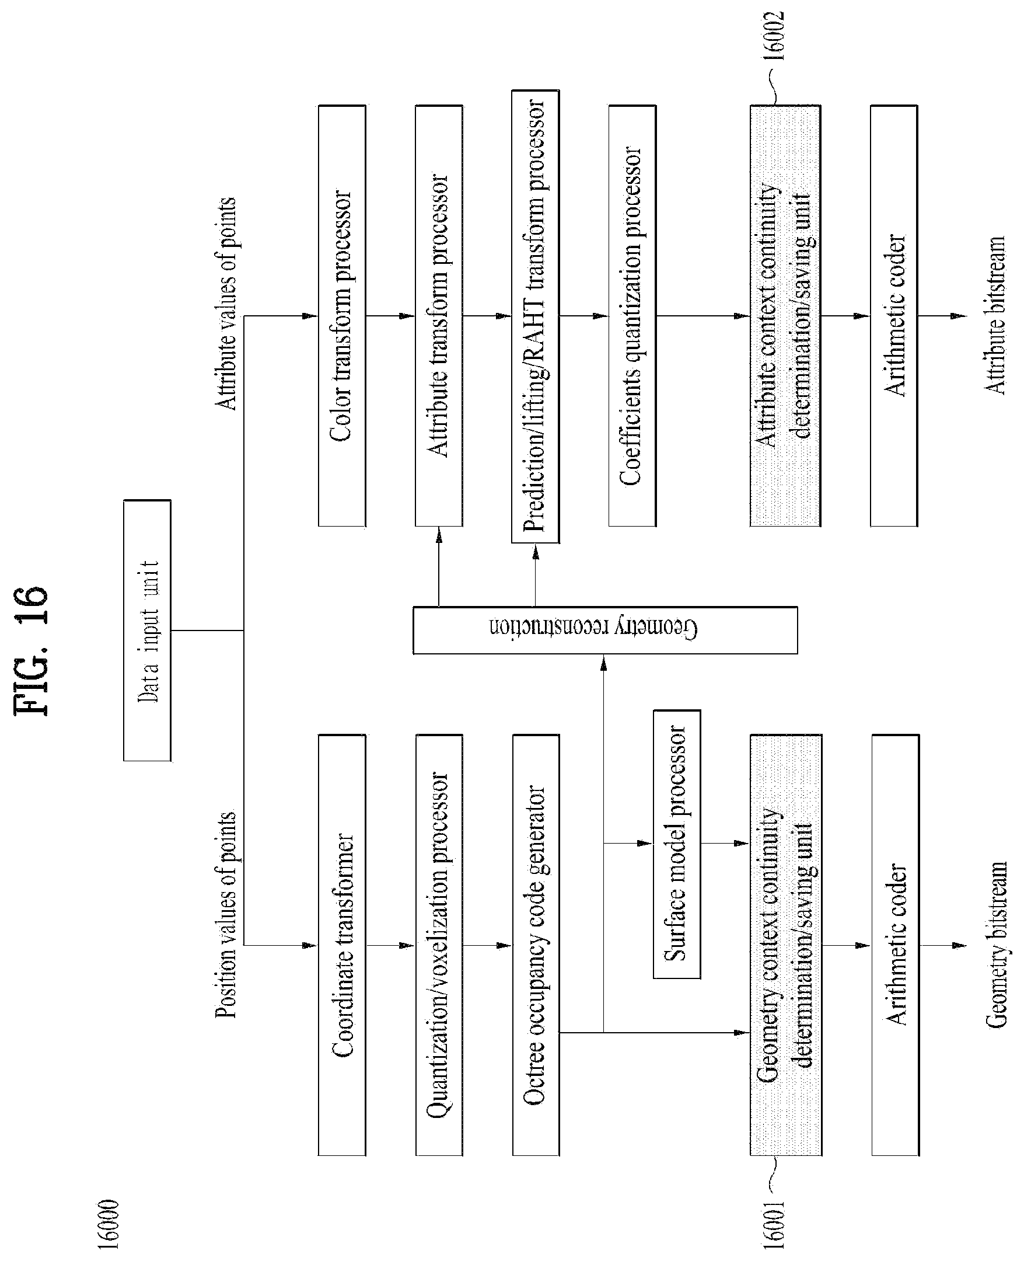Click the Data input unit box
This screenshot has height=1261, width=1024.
(148, 630)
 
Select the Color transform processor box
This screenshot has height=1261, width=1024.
(342, 316)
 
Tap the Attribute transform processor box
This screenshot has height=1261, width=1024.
(439, 316)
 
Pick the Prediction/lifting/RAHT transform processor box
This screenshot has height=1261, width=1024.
(536, 317)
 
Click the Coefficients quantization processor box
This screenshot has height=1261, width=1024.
(632, 316)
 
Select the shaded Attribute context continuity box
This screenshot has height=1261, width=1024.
(785, 316)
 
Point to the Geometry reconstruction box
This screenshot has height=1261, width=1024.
(605, 630)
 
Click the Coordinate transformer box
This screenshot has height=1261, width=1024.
(342, 945)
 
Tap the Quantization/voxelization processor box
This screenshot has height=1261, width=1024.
(439, 945)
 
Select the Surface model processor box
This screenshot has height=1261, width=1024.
(677, 844)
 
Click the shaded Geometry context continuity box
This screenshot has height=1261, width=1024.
(786, 945)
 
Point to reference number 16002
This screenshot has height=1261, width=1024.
(773, 36)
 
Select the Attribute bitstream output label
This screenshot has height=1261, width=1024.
(994, 316)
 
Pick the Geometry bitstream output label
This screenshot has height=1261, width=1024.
(996, 945)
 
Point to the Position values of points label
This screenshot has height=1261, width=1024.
(226, 915)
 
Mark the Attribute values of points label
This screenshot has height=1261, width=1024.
(226, 304)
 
